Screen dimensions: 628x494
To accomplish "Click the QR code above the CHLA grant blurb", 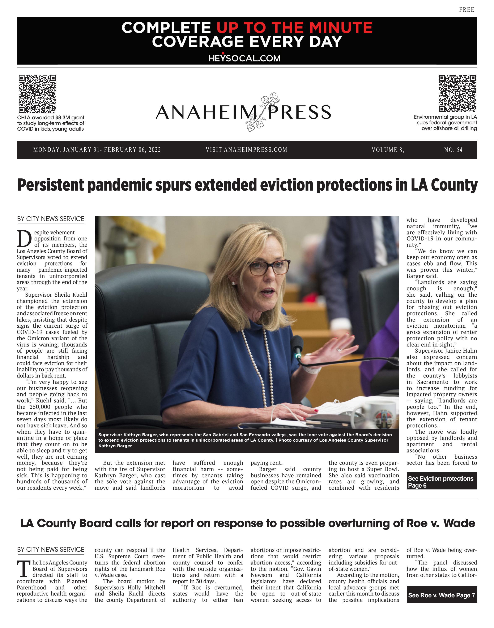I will [x=37, y=94].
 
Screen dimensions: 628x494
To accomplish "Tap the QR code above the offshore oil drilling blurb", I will [x=457, y=93].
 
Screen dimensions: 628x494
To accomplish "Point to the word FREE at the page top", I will [x=466, y=10].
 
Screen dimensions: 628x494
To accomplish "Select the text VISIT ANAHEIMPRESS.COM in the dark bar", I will [x=246, y=150].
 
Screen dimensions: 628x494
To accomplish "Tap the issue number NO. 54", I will [x=453, y=150].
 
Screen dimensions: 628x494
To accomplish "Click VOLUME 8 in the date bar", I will [x=388, y=150].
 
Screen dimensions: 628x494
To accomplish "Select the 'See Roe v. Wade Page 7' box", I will [x=441, y=595].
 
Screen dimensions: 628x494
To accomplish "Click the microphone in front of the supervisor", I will [x=297, y=345].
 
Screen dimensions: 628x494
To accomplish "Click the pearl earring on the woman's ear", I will [x=233, y=284].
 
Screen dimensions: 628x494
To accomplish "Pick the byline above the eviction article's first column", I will [x=51, y=219].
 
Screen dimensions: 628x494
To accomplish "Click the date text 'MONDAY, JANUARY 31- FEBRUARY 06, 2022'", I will [x=97, y=150].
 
